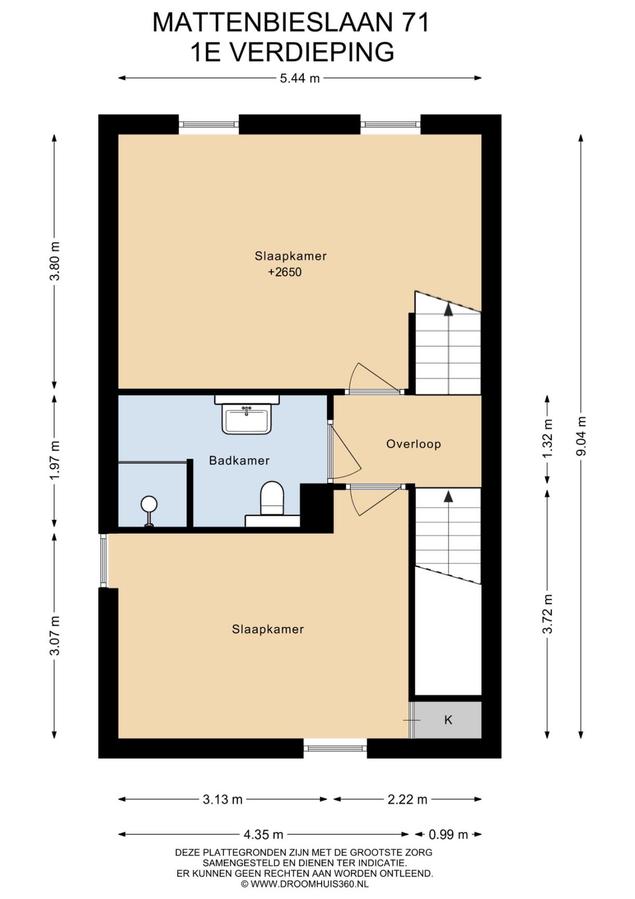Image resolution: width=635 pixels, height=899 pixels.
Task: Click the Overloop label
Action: point(414,444)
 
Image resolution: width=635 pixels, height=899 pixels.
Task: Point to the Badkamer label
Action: point(239,460)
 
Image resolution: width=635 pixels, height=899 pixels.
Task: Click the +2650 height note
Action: point(285,272)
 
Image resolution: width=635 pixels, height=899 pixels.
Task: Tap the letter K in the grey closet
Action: point(448,720)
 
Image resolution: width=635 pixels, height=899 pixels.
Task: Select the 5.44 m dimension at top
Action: point(300,78)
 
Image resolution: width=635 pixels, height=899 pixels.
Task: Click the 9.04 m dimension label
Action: point(581,436)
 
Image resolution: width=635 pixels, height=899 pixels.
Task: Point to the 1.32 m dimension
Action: point(547,439)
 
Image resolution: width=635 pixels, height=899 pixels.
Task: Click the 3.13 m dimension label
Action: point(222,799)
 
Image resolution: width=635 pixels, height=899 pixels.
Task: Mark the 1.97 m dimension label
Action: point(55,460)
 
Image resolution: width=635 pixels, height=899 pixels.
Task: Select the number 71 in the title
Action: point(415,22)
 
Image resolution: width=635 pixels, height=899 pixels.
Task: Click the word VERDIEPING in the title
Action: point(311,52)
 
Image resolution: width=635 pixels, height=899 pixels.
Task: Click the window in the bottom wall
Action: point(335,748)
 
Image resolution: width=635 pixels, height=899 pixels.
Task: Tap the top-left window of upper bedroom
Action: point(208,124)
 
